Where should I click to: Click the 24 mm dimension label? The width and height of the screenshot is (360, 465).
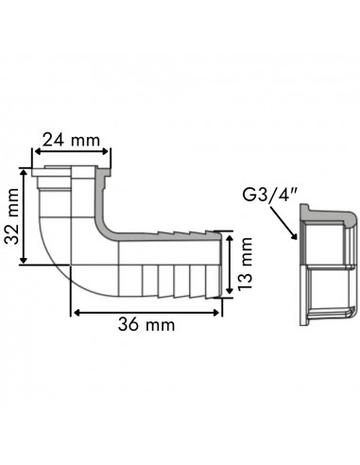[72, 141]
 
